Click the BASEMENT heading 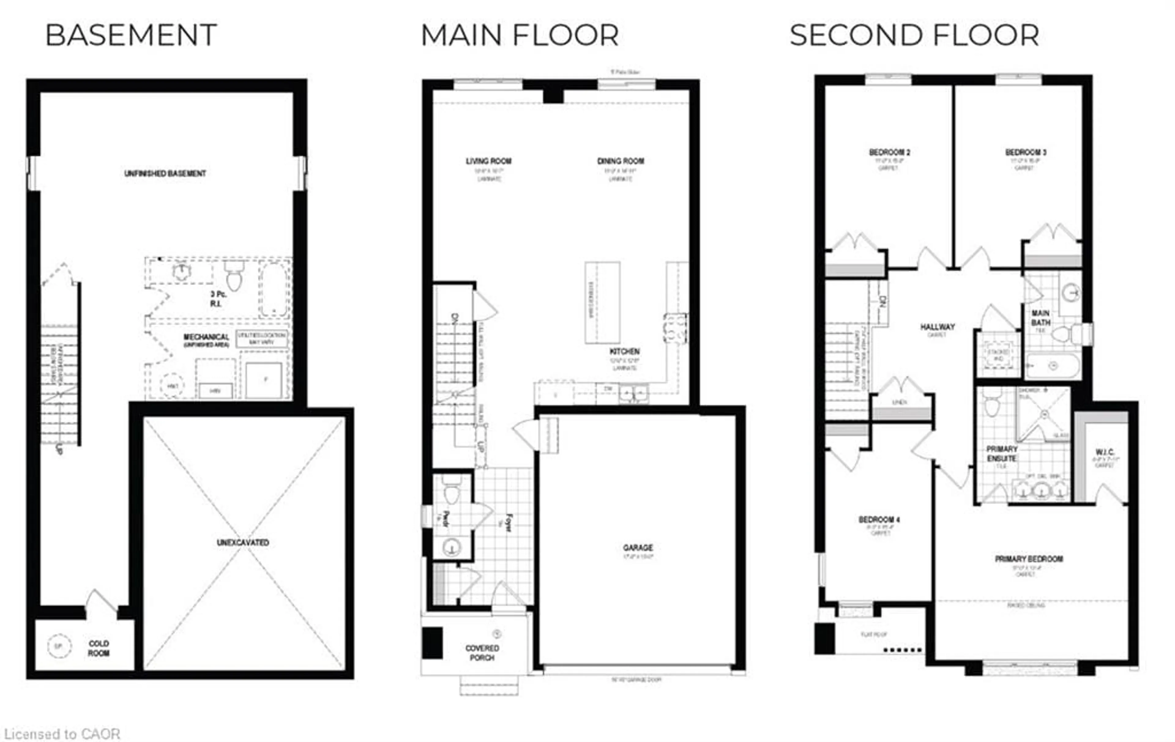(131, 35)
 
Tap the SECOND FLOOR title (914, 35)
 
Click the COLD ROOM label (99, 648)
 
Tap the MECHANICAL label (206, 337)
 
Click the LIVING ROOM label (488, 161)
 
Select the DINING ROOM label (621, 161)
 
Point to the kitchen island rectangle (602, 302)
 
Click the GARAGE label (638, 547)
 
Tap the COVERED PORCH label (482, 653)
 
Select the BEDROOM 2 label (889, 152)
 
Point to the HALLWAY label (937, 327)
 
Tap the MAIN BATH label (1040, 317)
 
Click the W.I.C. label (1105, 452)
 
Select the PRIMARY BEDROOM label (1029, 558)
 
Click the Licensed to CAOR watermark (62, 734)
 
